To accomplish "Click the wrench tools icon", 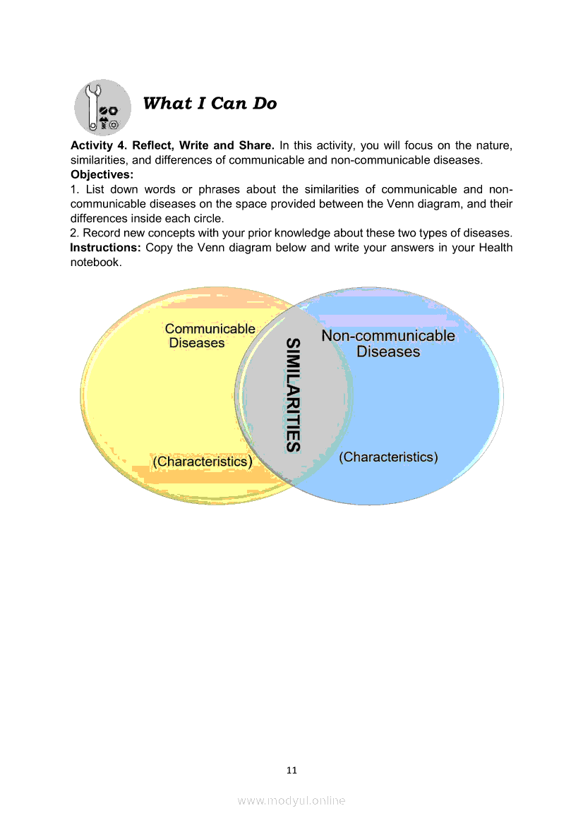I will tap(102, 108).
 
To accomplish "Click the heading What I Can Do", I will tap(210, 104).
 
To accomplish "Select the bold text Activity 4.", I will tap(96, 146).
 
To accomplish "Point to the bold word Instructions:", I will tap(106, 248).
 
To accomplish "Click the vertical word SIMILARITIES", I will tap(293, 395).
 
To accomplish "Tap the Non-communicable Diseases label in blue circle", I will tap(388, 344).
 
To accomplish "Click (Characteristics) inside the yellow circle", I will tap(203, 462).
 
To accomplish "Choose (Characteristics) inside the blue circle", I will tap(388, 457).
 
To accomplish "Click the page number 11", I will tap(291, 770).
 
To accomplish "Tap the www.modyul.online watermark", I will tap(291, 800).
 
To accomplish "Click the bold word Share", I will tap(255, 146).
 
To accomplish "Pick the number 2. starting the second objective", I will tap(75, 234).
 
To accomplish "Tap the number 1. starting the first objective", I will tap(74, 189).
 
